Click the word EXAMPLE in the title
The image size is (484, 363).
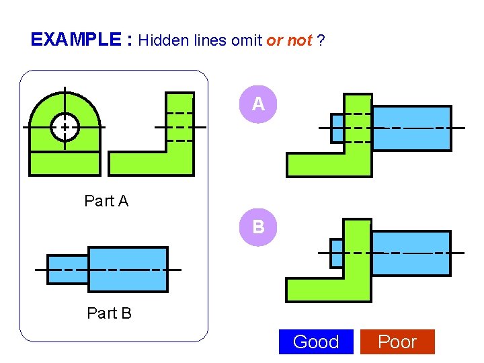(x=76, y=40)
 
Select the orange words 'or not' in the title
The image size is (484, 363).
(x=289, y=40)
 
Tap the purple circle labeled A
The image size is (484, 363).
(x=258, y=104)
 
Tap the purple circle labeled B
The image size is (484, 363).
(x=258, y=227)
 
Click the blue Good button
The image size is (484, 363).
(x=315, y=341)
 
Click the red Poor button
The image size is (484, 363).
(x=397, y=341)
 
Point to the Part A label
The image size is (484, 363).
(x=106, y=200)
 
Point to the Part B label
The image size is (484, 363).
(x=109, y=313)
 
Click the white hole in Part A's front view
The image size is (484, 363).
(x=65, y=127)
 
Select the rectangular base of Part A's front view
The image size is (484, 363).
(x=65, y=163)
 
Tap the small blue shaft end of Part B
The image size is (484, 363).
(x=67, y=270)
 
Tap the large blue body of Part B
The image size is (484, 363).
(x=128, y=270)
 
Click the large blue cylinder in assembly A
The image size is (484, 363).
(x=411, y=128)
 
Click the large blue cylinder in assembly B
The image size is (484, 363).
(x=411, y=253)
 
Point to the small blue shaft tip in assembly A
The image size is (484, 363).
(x=337, y=128)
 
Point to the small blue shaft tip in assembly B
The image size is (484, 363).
(x=337, y=253)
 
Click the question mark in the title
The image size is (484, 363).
(x=322, y=40)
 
